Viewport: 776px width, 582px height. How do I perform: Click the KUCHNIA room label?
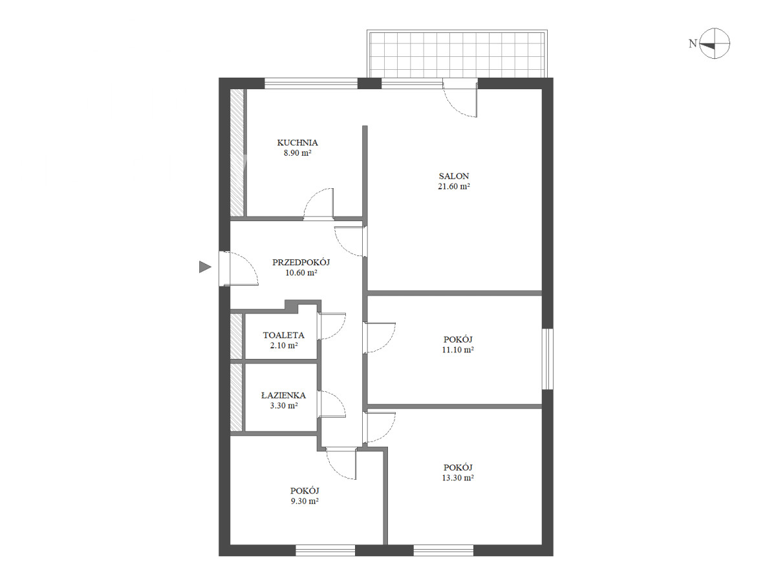[x=297, y=143]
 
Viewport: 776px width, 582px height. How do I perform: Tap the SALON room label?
[x=454, y=176]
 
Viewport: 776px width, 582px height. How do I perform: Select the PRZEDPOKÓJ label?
[x=301, y=263]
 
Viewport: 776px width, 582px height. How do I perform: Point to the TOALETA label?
[x=283, y=335]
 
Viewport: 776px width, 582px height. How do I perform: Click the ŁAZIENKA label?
[x=283, y=395]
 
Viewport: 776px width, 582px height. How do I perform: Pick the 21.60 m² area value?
[x=454, y=186]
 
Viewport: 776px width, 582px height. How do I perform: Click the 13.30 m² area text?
[x=458, y=478]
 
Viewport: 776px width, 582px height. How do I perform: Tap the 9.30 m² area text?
[x=305, y=501]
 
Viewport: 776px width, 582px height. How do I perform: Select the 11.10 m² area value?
[x=458, y=350]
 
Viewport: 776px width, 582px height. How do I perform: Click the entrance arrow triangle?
[x=204, y=267]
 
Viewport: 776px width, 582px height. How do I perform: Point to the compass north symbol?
[x=715, y=43]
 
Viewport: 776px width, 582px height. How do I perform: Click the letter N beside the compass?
[x=693, y=43]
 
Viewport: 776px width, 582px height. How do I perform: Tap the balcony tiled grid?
[x=457, y=54]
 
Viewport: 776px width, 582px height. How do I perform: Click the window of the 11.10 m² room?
[x=548, y=359]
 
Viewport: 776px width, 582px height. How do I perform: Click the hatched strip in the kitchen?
[x=237, y=153]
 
